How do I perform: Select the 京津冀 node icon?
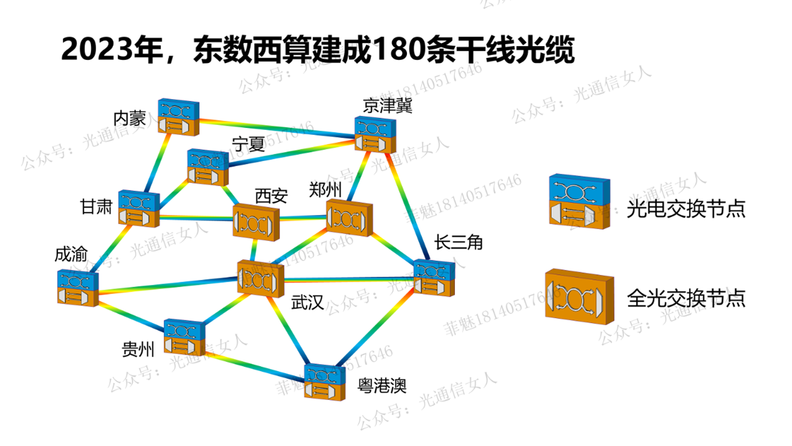[x=375, y=134]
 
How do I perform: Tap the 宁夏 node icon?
[x=207, y=167]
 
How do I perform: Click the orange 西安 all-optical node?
[x=256, y=221]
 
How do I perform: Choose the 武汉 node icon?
[x=260, y=279]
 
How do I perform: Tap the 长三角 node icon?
[x=434, y=278]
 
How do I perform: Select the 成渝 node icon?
[x=78, y=288]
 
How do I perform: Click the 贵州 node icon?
[x=184, y=337]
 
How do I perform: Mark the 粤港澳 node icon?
[x=325, y=382]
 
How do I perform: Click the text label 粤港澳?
[x=381, y=385]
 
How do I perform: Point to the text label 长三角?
[x=459, y=242]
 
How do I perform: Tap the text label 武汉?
[x=307, y=303]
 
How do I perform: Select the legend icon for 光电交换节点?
[x=579, y=200]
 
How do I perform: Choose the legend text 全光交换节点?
[x=685, y=298]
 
